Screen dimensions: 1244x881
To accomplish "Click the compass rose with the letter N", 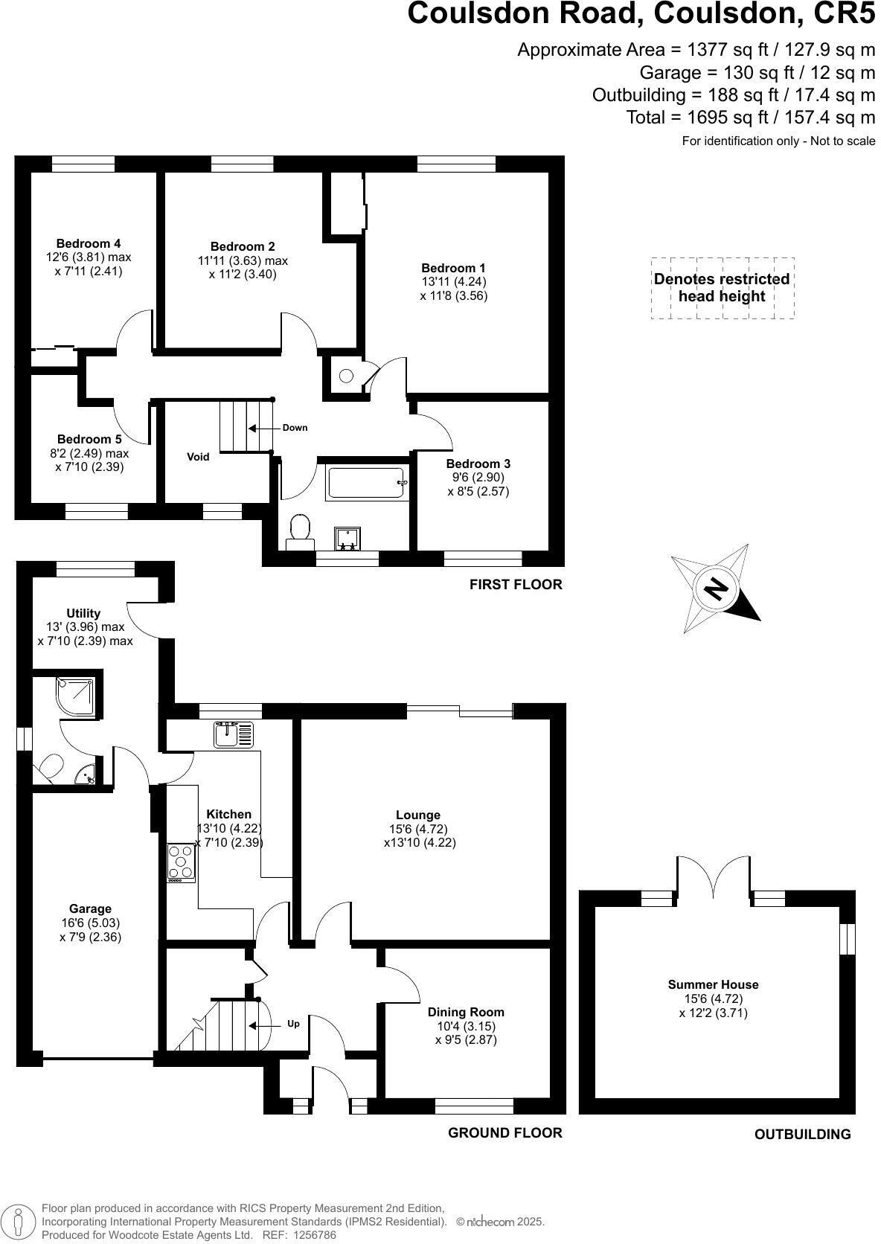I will click(x=715, y=589).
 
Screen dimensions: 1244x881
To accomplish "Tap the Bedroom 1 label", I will click(x=453, y=268).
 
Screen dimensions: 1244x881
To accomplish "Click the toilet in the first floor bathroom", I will click(x=300, y=530).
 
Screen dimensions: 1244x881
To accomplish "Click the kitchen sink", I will click(x=234, y=734).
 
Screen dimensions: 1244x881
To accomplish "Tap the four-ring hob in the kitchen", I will click(x=181, y=862).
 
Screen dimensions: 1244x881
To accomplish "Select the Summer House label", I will click(x=713, y=984).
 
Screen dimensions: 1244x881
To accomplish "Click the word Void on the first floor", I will click(x=198, y=457).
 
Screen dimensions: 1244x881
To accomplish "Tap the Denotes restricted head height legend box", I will click(x=722, y=288).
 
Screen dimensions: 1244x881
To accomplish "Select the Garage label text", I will click(x=90, y=908).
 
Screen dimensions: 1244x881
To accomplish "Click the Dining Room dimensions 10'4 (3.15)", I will click(x=466, y=1026).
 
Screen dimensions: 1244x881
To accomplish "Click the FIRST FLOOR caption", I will click(x=516, y=585).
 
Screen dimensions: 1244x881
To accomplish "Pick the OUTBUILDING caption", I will click(x=802, y=1135).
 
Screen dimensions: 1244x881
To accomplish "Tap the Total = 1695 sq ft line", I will click(x=750, y=118).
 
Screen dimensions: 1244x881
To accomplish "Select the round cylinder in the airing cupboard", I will click(x=346, y=376).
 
